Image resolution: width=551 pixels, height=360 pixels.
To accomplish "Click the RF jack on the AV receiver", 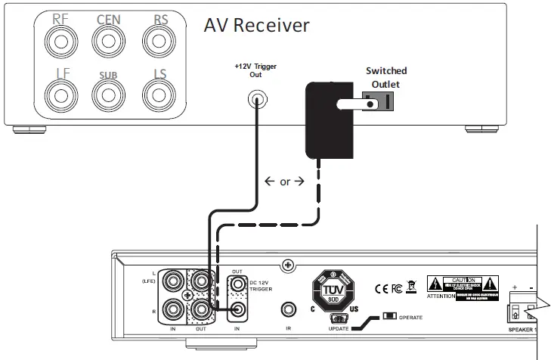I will point(57,40).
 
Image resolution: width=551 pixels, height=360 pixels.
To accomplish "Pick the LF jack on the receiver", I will point(57,96).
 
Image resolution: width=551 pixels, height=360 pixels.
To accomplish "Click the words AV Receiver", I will point(257,25).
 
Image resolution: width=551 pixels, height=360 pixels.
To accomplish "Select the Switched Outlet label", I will point(386,78).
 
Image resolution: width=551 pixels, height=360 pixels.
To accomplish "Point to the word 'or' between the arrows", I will point(285,182).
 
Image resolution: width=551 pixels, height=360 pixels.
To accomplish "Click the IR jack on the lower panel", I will point(288,309).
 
